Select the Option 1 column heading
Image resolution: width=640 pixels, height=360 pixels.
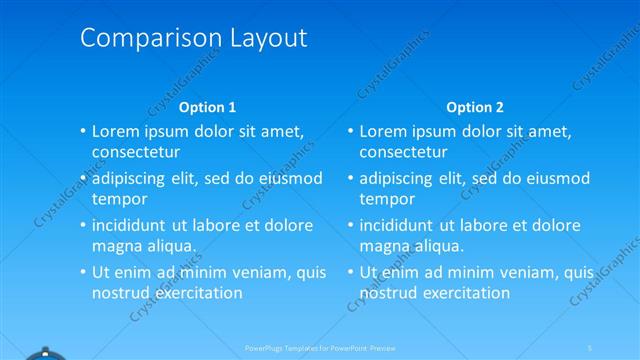[x=207, y=107]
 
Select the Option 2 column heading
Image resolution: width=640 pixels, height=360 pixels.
[x=475, y=107]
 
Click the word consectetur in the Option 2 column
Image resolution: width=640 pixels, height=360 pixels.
[x=403, y=152]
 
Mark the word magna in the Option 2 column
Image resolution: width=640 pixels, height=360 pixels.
[x=384, y=247]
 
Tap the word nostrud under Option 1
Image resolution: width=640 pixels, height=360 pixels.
[x=119, y=293]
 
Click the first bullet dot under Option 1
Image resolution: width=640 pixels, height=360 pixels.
[x=83, y=132]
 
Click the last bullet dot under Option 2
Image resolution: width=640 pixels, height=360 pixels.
[x=351, y=273]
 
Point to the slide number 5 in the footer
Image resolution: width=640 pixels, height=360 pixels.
[x=591, y=347]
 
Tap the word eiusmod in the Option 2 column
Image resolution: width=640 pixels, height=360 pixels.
[x=554, y=179]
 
